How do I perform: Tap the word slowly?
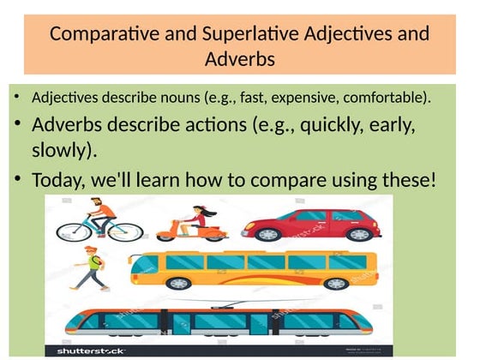(63, 152)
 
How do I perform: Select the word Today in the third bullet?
(58, 181)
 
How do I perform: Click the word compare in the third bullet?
(285, 181)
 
